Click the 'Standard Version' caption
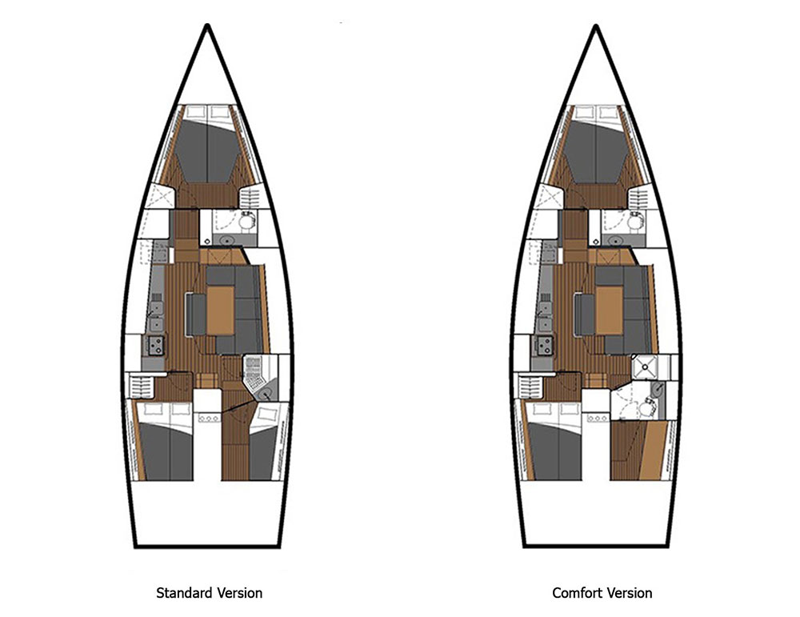pyautogui.click(x=209, y=593)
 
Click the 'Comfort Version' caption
pyautogui.click(x=602, y=593)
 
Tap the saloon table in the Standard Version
pyautogui.click(x=220, y=310)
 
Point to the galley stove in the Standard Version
pyautogui.click(x=155, y=346)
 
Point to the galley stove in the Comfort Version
pyautogui.click(x=545, y=346)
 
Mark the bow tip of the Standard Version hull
pyautogui.click(x=208, y=26)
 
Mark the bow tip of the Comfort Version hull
pyautogui.click(x=597, y=26)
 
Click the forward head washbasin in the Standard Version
pyautogui.click(x=226, y=239)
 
